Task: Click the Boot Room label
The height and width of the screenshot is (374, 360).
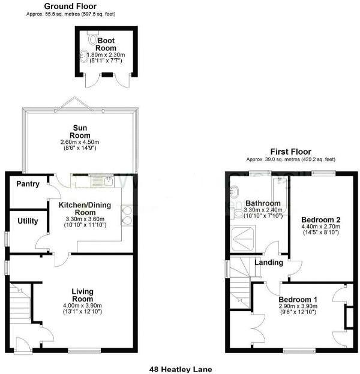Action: pos(106,44)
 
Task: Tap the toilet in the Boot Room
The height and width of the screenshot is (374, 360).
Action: pos(91,40)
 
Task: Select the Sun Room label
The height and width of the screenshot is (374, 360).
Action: pos(79,132)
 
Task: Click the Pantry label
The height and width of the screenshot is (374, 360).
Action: pos(28,184)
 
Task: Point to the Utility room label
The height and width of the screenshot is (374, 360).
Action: pos(28,221)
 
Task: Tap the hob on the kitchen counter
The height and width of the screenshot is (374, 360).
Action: pos(127,215)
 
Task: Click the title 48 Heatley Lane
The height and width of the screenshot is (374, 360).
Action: pos(180,370)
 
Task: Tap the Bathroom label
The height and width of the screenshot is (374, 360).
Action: pos(266,204)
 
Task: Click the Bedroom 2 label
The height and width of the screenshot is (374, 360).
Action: pos(320,220)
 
